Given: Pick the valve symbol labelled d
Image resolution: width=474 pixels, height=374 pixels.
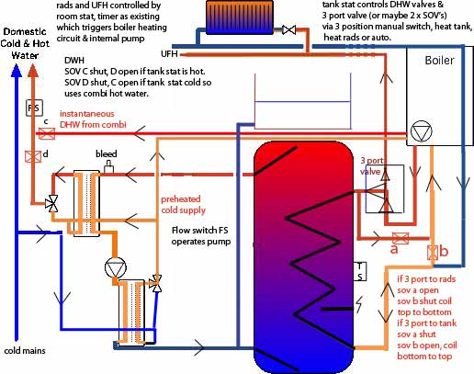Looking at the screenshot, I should (33, 156).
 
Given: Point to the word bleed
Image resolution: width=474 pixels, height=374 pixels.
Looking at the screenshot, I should (107, 151).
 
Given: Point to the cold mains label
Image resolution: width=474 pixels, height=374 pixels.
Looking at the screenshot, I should (26, 350).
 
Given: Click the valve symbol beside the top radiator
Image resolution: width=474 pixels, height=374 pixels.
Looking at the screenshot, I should (289, 32).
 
